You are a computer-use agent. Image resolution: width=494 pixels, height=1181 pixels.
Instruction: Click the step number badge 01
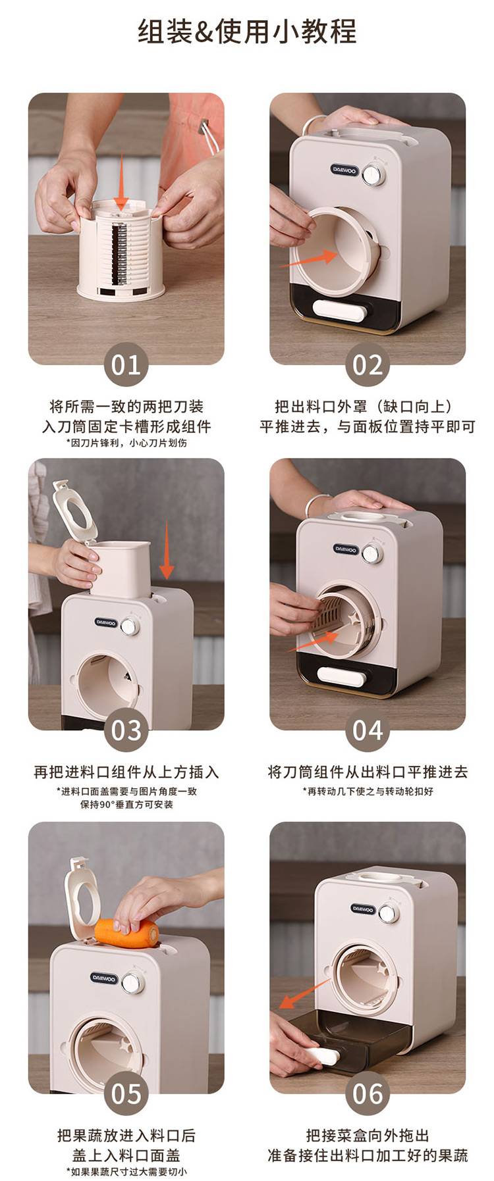pyautogui.click(x=126, y=364)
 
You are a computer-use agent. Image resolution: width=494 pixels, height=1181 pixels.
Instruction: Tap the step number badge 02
pyautogui.click(x=368, y=364)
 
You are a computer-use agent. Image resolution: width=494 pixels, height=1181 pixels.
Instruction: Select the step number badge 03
pyautogui.click(x=126, y=730)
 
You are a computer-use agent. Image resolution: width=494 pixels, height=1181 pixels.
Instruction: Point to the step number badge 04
pyautogui.click(x=368, y=730)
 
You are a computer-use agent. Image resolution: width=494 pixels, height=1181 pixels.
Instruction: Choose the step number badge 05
pyautogui.click(x=126, y=1093)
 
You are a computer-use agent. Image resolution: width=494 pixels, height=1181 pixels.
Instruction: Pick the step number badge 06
pyautogui.click(x=368, y=1093)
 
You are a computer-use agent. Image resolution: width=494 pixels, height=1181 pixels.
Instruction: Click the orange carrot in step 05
pyautogui.click(x=126, y=933)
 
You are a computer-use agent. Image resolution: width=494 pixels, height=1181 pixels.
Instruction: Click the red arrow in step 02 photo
pyautogui.click(x=308, y=258)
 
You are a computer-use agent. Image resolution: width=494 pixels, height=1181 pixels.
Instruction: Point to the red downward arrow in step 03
pyautogui.click(x=167, y=549)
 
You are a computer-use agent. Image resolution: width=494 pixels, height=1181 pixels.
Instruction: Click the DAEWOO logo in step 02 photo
pyautogui.click(x=344, y=169)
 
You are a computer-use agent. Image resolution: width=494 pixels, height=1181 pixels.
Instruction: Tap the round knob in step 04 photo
pyautogui.click(x=373, y=555)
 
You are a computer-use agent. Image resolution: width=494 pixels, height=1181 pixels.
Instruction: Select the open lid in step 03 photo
pyautogui.click(x=74, y=512)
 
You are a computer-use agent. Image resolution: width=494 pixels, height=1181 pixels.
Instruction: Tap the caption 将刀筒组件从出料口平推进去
pyautogui.click(x=368, y=772)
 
